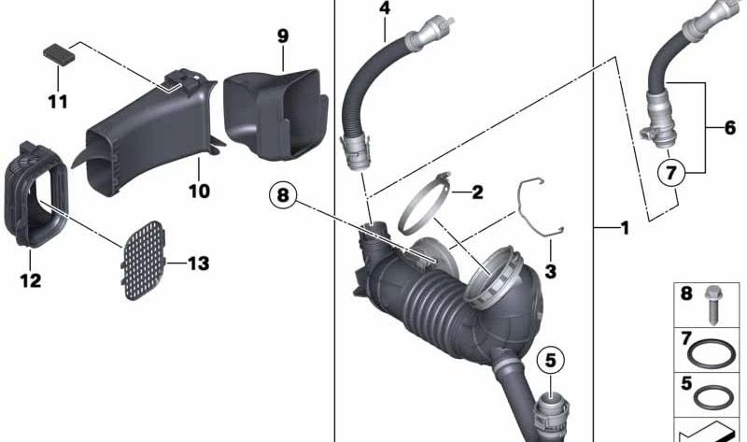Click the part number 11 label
tap(58, 99)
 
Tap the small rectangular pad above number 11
tap(59, 52)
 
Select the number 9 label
tap(283, 36)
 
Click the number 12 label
tap(31, 279)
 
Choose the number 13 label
tap(198, 264)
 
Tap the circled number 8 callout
tap(284, 195)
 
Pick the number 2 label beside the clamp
tap(477, 192)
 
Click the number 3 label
tap(549, 272)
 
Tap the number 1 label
tap(625, 227)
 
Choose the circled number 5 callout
tap(550, 358)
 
